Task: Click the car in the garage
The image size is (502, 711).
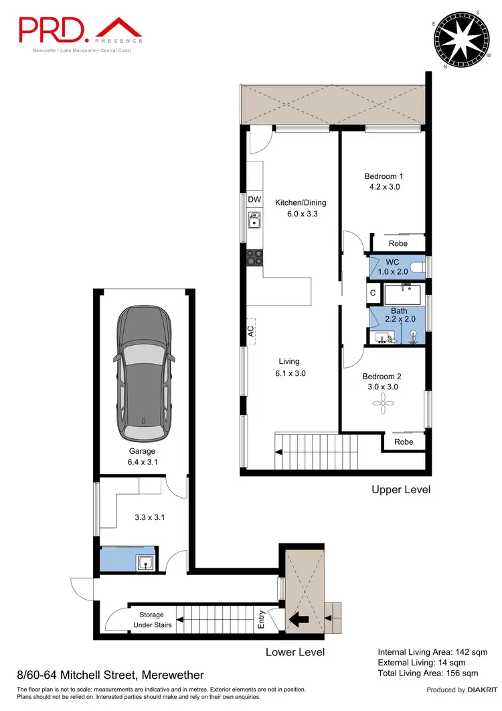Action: [145, 371]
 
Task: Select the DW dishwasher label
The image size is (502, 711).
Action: [254, 200]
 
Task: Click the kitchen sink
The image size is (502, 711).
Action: [254, 220]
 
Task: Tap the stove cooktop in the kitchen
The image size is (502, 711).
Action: [254, 256]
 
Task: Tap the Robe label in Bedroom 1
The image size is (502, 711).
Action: [398, 244]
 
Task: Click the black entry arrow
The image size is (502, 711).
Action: [298, 621]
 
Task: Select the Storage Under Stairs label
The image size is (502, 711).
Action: [155, 620]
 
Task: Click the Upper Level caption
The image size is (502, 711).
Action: [401, 490]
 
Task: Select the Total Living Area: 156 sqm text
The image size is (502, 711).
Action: [428, 673]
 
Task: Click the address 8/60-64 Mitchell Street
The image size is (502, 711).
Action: [110, 675]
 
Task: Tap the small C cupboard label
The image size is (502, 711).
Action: [372, 294]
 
